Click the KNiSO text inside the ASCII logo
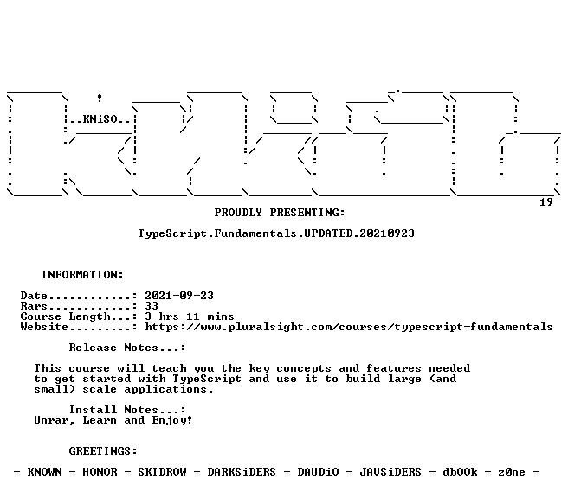point(100,119)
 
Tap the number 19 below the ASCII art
point(545,202)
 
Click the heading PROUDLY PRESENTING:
point(280,213)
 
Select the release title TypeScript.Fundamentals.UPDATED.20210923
point(276,233)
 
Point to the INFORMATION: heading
point(82,275)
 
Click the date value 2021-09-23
point(179,296)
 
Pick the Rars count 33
point(152,306)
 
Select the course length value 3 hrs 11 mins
point(190,316)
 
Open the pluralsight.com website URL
point(349,327)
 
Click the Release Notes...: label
point(127,348)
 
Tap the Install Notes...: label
point(127,410)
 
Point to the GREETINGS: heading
point(103,451)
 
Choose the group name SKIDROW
point(162,472)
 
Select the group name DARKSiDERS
point(242,472)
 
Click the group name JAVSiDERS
point(390,472)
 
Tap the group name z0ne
point(512,472)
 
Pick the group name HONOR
point(100,472)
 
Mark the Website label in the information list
point(44,327)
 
